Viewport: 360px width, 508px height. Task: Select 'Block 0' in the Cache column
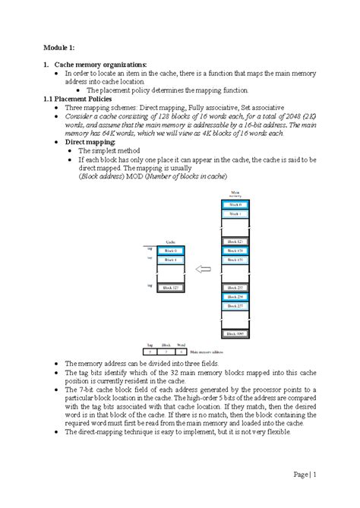[x=170, y=251]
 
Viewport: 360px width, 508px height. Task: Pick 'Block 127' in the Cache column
[x=170, y=288]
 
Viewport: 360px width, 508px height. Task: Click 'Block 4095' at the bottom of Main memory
[x=235, y=333]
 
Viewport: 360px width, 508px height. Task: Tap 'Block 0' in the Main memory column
[x=235, y=205]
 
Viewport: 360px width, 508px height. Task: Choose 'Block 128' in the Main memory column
[x=235, y=251]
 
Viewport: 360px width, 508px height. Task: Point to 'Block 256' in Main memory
[x=235, y=297]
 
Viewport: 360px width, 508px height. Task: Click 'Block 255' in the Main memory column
[x=235, y=288]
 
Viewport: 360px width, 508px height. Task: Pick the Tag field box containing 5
[x=150, y=352]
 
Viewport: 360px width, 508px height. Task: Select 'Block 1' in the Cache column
[x=170, y=260]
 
